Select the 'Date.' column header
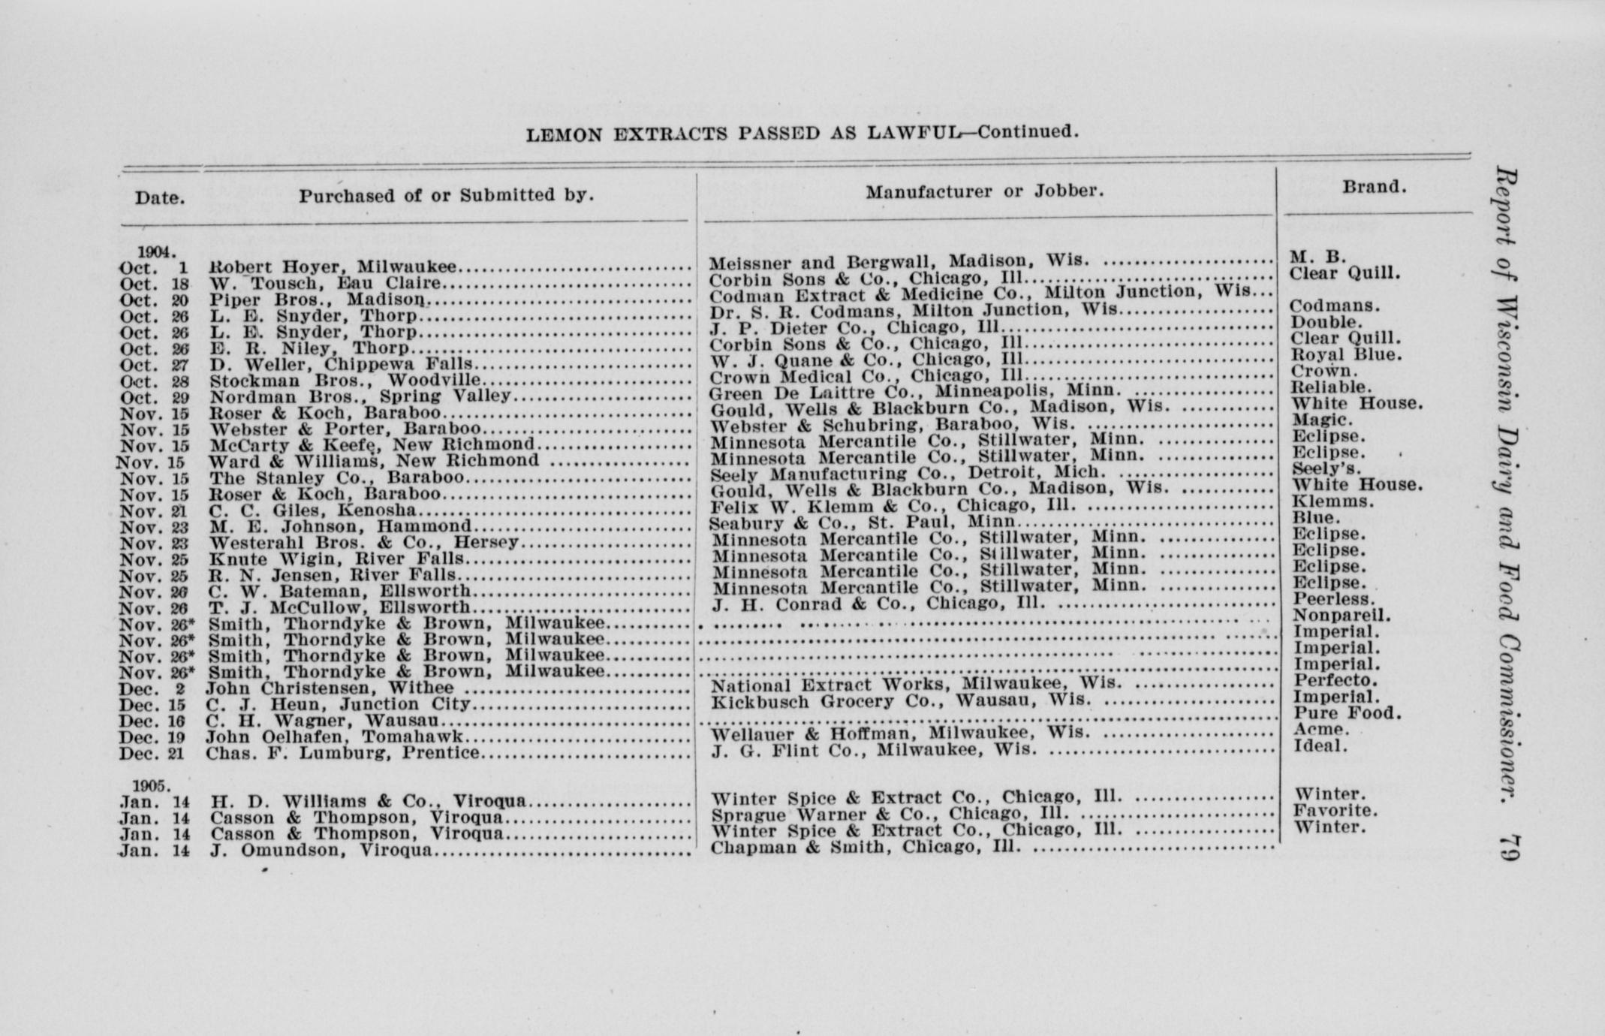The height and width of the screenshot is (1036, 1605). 160,198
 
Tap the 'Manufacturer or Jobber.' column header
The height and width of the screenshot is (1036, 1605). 985,191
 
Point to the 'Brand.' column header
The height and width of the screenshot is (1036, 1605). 1375,187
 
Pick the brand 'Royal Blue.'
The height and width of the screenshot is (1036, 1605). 1346,355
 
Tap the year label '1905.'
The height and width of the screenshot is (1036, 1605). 152,785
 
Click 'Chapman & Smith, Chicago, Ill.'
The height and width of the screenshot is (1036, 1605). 866,848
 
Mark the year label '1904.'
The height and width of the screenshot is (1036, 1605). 156,252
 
